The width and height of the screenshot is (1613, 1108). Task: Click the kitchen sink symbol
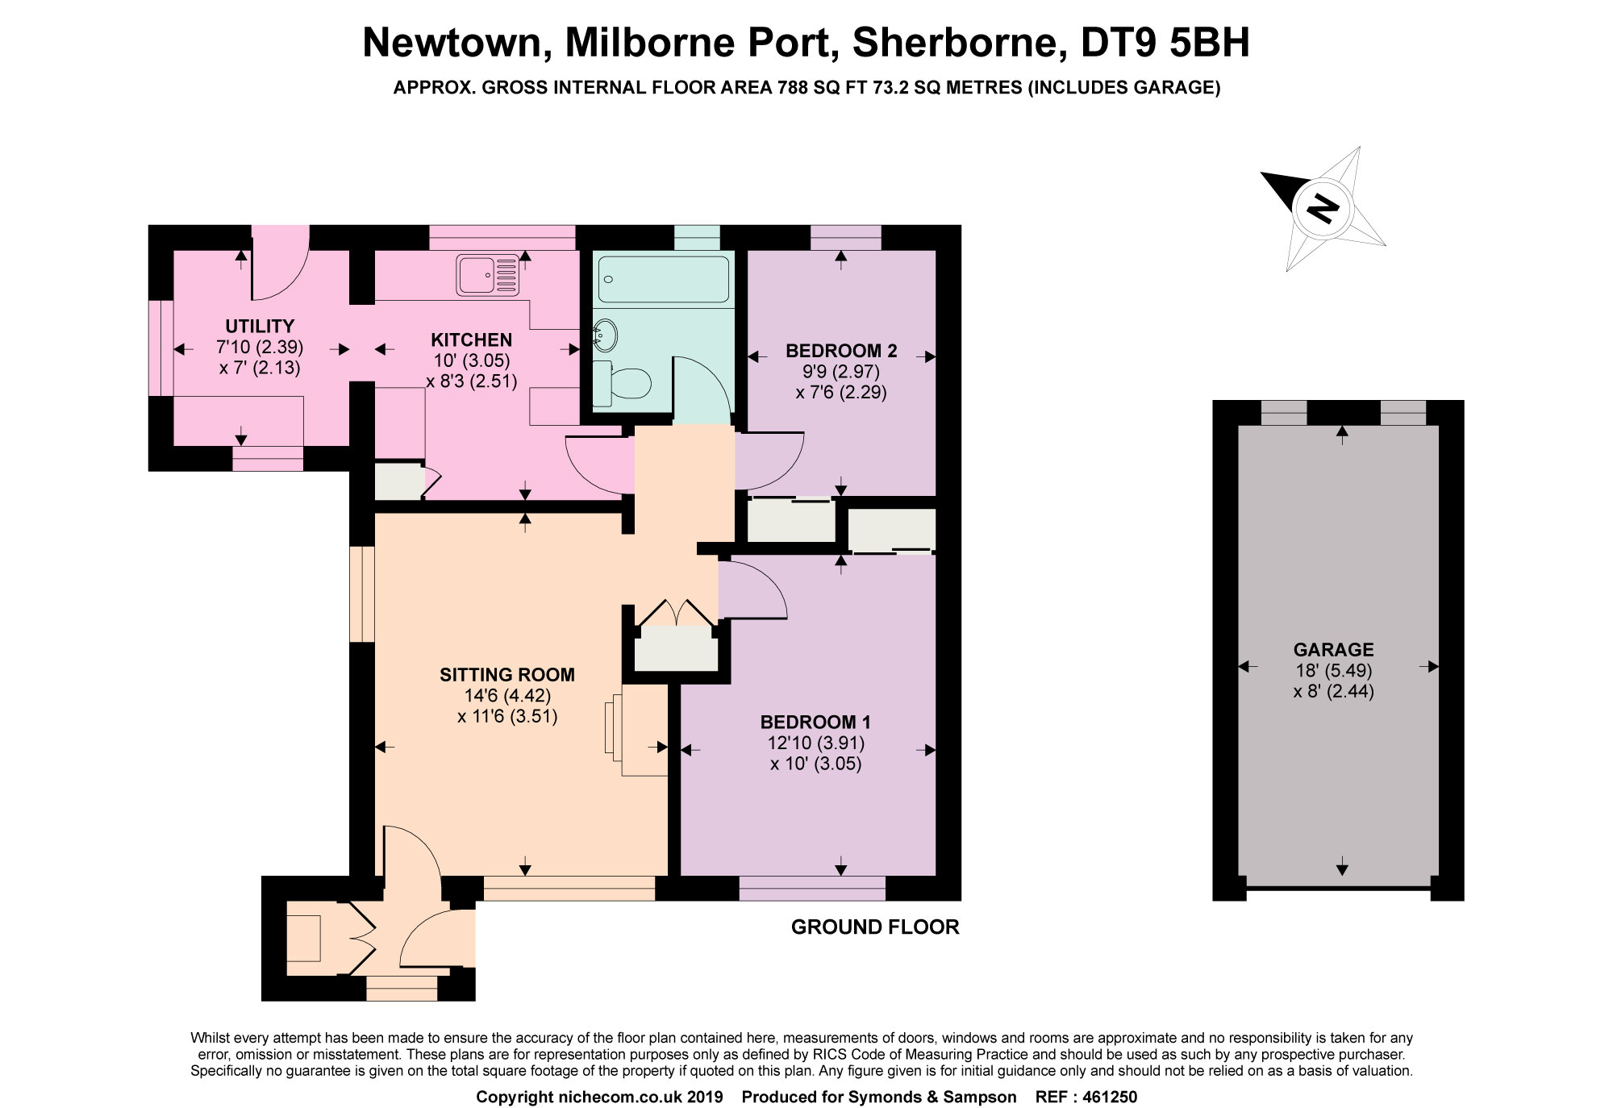[488, 275]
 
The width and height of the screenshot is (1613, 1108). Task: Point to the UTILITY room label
[260, 326]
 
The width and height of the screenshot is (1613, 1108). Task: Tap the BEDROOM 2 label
[840, 351]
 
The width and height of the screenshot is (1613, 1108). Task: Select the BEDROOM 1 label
[815, 722]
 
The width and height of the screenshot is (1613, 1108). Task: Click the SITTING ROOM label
[506, 674]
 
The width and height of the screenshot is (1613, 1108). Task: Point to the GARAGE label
[1333, 649]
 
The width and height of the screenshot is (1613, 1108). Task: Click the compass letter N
[1322, 209]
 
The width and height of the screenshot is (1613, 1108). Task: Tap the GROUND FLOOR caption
[874, 927]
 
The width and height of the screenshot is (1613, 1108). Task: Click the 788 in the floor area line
[792, 87]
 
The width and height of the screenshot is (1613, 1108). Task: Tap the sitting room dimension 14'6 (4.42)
[506, 695]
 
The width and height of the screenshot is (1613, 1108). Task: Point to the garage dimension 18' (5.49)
[1333, 670]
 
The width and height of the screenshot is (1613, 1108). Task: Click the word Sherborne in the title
[955, 43]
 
